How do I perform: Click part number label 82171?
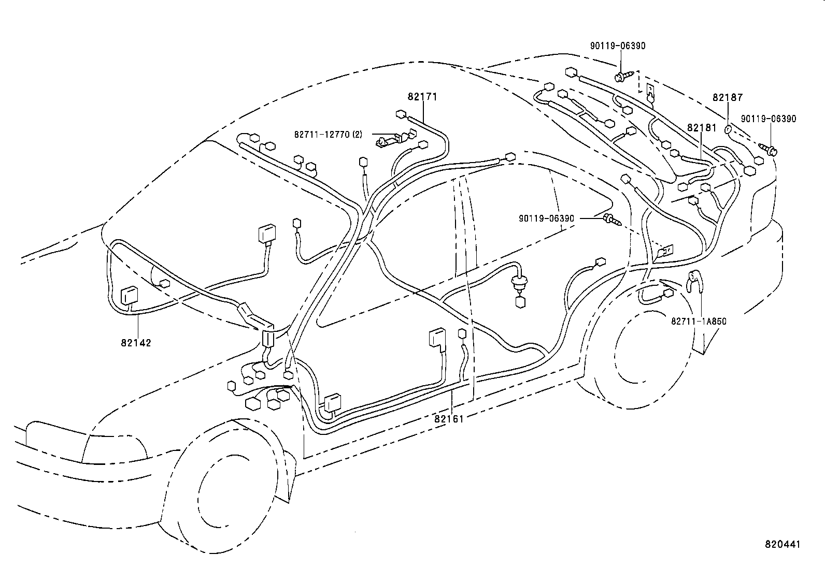pos(422,97)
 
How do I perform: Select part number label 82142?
pos(136,343)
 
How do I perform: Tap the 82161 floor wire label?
pos(449,418)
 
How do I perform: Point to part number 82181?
pos(702,127)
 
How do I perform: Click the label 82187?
pos(727,97)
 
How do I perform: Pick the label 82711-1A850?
pos(699,322)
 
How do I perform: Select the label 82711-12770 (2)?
pos(328,134)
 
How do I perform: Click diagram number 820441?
pos(783,545)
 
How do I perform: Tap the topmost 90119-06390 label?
pos(618,46)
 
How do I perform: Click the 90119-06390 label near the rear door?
pos(546,218)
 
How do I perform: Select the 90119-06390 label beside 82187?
pos(769,119)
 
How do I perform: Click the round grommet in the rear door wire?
pos(517,283)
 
